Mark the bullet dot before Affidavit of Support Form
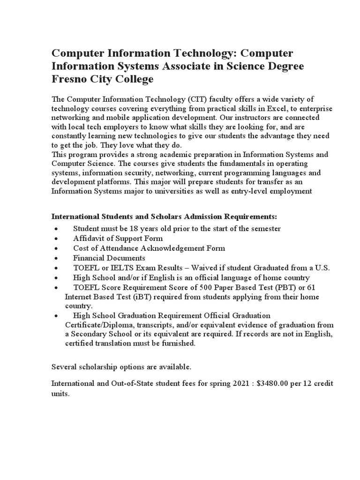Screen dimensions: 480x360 point(56,239)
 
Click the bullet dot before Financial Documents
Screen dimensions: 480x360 point(56,258)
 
